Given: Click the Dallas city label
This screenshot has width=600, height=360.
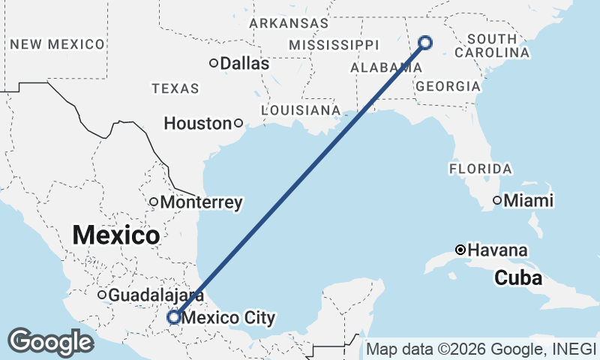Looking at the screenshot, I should click(x=244, y=64).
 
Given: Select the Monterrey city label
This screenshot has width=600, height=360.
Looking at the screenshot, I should click(x=201, y=202).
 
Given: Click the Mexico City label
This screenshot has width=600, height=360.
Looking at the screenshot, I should click(x=228, y=318).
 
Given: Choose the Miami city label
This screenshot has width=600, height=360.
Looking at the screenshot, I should click(x=528, y=201).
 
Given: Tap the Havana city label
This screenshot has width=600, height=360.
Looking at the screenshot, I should click(x=497, y=250).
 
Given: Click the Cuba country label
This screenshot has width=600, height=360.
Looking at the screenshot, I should click(x=517, y=278).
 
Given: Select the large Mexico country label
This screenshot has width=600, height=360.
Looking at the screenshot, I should click(x=116, y=235).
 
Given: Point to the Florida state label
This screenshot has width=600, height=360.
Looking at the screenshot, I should click(x=481, y=169).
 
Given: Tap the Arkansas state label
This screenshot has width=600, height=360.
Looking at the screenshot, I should click(x=289, y=23).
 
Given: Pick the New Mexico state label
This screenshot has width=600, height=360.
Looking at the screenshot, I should click(x=57, y=44).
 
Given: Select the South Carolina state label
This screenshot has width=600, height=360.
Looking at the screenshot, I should click(x=492, y=46).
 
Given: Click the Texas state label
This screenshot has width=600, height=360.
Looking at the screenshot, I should click(x=175, y=88).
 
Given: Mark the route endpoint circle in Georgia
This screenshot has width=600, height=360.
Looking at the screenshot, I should click(x=425, y=42).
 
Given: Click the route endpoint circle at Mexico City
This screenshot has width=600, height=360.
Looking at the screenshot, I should click(x=173, y=318).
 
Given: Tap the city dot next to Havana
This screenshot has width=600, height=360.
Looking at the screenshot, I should click(x=460, y=250).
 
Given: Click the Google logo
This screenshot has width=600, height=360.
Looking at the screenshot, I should click(x=50, y=342).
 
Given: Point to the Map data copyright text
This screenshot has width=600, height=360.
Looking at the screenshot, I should click(x=480, y=349).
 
